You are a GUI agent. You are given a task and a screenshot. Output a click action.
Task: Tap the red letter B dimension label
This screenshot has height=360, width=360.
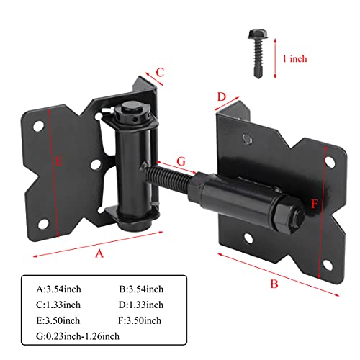tap(274, 283)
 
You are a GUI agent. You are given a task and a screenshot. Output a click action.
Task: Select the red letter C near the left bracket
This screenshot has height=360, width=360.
tap(161, 71)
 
